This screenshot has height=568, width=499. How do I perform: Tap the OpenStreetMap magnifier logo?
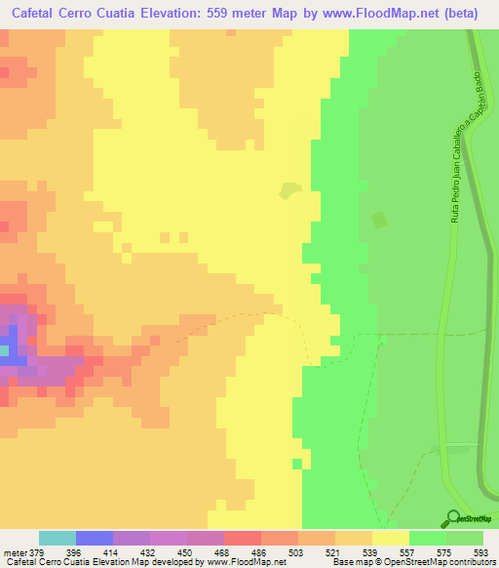(x=450, y=518)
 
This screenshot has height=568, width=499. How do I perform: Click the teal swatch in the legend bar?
(x=58, y=539)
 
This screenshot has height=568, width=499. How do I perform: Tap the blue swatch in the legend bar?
(x=95, y=539)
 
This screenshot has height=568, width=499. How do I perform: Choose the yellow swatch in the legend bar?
(x=390, y=539)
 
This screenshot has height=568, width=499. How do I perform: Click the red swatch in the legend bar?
(x=243, y=539)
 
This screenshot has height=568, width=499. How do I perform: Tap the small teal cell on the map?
(x=4, y=349)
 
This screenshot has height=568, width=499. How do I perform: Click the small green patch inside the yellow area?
(x=288, y=191)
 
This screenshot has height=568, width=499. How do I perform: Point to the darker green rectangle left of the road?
(x=379, y=222)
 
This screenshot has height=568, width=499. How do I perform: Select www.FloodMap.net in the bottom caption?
(x=241, y=561)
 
